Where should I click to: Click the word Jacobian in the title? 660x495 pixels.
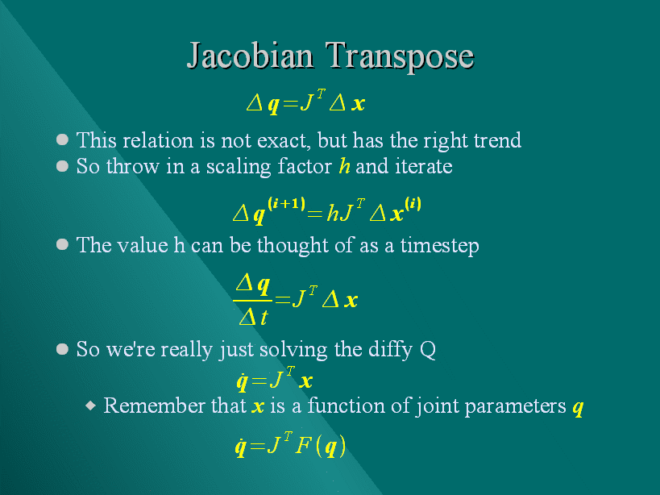point(250,56)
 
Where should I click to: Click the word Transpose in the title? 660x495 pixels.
point(400,56)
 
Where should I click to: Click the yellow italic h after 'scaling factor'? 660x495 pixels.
point(345,166)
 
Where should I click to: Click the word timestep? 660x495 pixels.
point(439,246)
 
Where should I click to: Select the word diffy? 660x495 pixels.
point(390,350)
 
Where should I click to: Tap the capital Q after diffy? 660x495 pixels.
point(428,350)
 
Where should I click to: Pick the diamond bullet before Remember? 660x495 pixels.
point(90,406)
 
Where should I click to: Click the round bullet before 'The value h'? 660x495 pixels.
point(62,244)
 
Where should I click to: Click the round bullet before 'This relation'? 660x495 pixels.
point(62,139)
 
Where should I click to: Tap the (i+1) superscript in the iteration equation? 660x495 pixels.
point(287,204)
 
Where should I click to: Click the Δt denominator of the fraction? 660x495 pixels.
point(253,317)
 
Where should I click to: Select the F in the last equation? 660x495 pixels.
point(303,446)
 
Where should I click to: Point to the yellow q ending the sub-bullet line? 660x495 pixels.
point(578,407)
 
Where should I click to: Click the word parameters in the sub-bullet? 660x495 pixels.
point(515,406)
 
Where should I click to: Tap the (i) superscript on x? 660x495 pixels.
point(413,204)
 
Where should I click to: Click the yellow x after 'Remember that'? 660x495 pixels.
point(258,407)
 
